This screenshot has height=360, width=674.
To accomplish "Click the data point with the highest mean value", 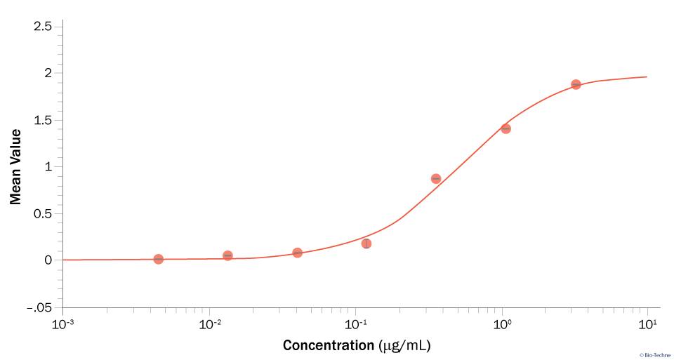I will click(x=576, y=84).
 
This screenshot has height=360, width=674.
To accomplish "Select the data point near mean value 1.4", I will click(x=505, y=128).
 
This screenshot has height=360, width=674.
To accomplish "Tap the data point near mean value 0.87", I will click(x=436, y=179).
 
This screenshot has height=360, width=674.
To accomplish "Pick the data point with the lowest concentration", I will click(x=159, y=259).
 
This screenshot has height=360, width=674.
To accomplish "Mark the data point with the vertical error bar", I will click(x=366, y=244).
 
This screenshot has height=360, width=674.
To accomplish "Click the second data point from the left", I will click(x=227, y=255).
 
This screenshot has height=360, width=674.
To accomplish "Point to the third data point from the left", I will click(x=297, y=253).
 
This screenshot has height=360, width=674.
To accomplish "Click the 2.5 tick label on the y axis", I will click(x=43, y=27).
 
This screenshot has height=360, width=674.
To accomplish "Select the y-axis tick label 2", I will click(x=48, y=74).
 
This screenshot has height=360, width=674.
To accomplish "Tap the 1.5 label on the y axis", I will click(x=43, y=120).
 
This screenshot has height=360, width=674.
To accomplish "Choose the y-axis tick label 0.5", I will click(x=43, y=213).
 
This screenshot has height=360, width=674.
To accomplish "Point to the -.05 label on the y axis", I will click(x=39, y=307).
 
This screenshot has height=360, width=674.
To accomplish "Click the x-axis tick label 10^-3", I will click(x=63, y=324).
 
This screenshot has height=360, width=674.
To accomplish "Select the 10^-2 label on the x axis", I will click(x=209, y=324).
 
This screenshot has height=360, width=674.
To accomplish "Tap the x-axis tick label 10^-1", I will click(x=355, y=324).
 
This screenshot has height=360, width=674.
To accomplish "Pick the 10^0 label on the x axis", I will click(x=501, y=324).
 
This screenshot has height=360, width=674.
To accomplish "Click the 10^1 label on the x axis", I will click(x=647, y=324).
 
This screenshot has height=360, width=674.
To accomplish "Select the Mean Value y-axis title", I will click(x=15, y=166).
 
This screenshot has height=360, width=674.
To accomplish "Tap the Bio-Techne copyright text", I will click(x=654, y=355).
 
